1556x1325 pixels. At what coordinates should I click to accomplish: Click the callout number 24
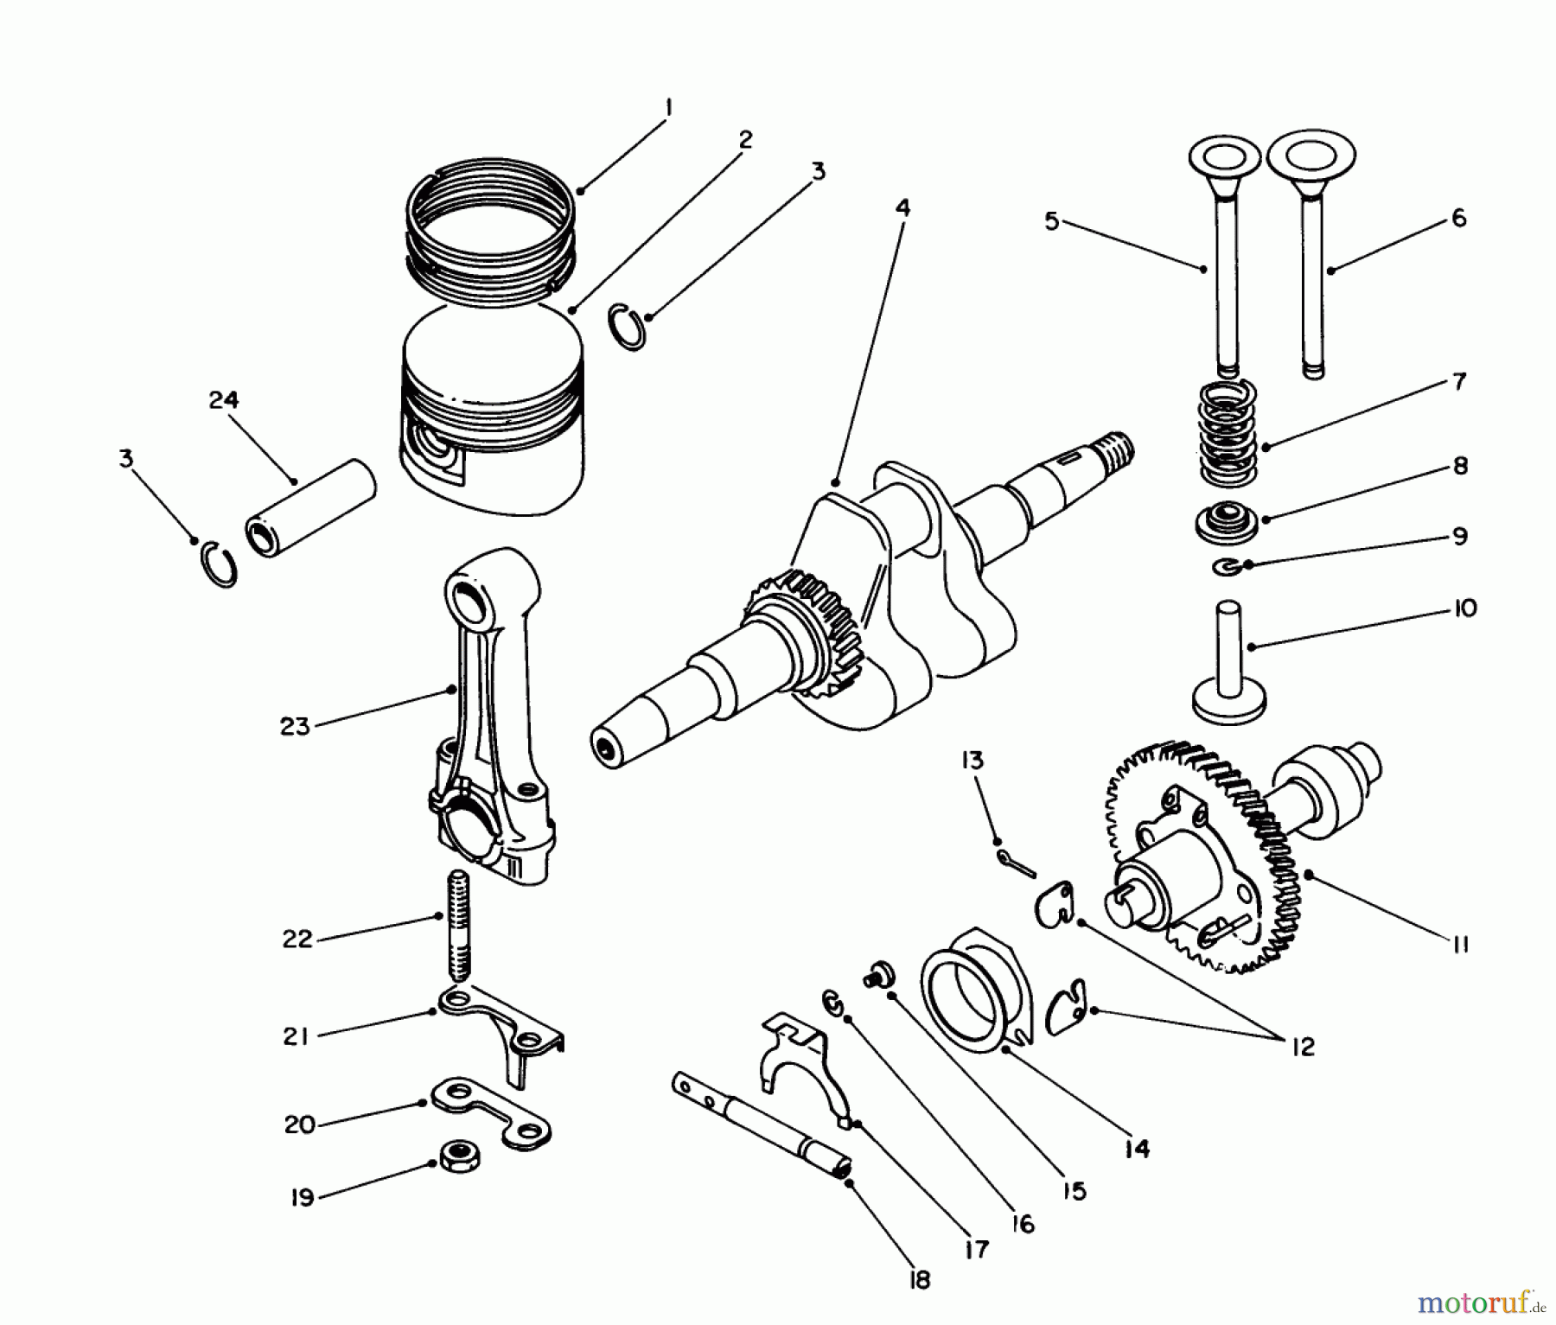(x=223, y=400)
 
